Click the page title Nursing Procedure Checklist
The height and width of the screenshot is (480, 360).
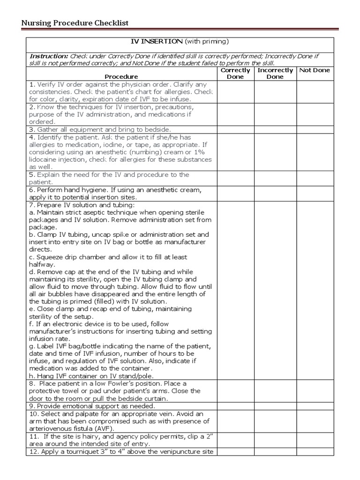(75, 23)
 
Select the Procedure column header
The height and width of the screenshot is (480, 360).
(121, 76)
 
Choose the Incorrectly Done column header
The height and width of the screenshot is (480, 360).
(275, 74)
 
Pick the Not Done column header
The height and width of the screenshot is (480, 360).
(315, 70)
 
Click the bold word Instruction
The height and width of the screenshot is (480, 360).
(48, 56)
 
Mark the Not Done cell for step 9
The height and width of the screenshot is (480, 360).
(315, 406)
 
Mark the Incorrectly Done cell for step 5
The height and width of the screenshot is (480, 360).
(275, 178)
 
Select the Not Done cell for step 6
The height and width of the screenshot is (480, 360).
(315, 194)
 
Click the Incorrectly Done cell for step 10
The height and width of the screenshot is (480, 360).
(275, 421)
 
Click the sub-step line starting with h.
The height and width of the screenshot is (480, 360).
(91, 376)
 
